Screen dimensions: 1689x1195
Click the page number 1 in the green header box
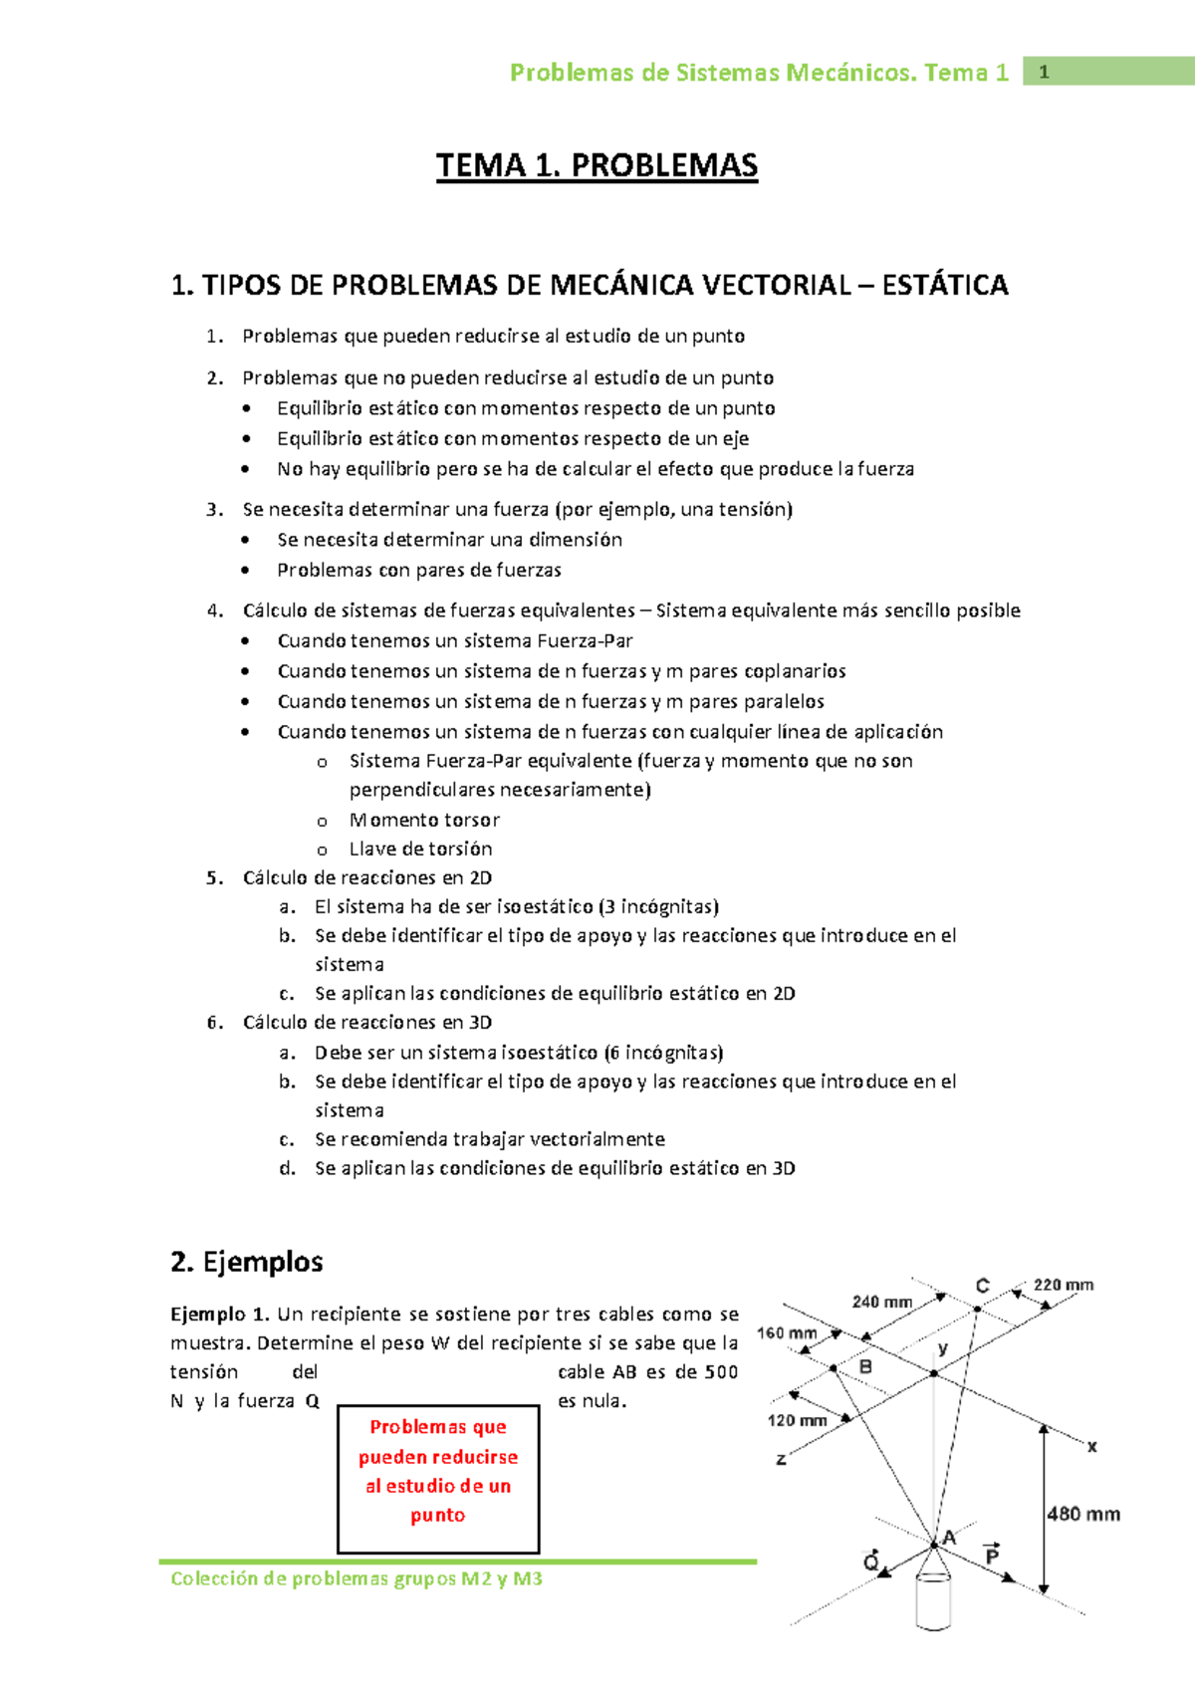(1044, 72)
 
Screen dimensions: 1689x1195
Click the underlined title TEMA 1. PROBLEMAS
(597, 165)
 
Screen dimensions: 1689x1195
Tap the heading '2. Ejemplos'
(246, 1262)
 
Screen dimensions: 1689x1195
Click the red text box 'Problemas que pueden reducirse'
(438, 1472)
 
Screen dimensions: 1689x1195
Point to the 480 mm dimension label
(1083, 1514)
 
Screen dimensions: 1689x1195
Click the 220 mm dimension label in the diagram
(1063, 1285)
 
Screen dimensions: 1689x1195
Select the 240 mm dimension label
(881, 1302)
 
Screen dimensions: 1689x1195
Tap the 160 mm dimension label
(786, 1332)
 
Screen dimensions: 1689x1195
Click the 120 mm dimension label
(797, 1420)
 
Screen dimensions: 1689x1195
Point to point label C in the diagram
(982, 1286)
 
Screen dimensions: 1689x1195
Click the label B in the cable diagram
(865, 1366)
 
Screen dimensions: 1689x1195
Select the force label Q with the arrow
(870, 1562)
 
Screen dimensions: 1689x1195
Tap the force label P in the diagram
(992, 1555)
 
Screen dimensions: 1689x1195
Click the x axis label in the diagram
(1091, 1446)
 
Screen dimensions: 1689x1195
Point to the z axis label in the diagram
(781, 1459)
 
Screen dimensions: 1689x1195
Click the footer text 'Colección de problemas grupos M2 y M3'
(357, 1578)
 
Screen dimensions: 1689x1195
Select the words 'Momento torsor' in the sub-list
(424, 820)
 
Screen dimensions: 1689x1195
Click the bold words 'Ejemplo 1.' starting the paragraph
(219, 1314)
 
